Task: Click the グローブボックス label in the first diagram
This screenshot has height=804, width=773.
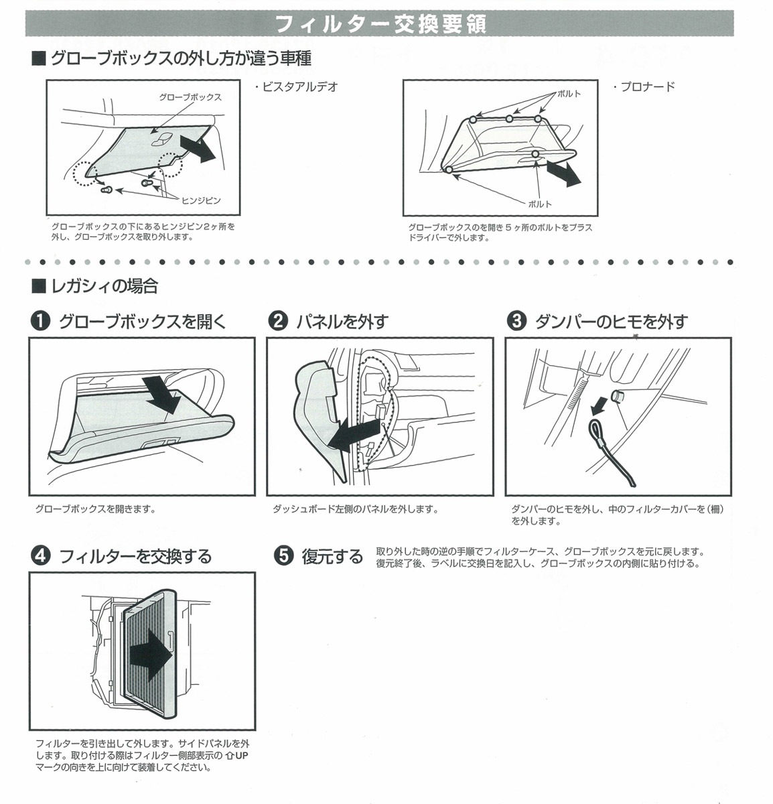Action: tap(190, 97)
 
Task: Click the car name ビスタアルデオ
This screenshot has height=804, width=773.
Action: tap(296, 86)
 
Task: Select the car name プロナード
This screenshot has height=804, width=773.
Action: tap(644, 86)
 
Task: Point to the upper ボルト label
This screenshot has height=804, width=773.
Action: tap(569, 93)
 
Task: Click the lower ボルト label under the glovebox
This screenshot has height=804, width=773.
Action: tap(539, 204)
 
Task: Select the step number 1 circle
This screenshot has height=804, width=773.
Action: tap(40, 322)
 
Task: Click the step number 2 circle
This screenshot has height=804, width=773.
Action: tap(277, 322)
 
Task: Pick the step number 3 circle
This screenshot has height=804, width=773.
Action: tap(516, 322)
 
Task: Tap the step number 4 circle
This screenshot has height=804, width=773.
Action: tap(40, 556)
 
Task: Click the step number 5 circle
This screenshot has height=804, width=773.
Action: tap(284, 556)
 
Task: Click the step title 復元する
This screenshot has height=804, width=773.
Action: tap(332, 556)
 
